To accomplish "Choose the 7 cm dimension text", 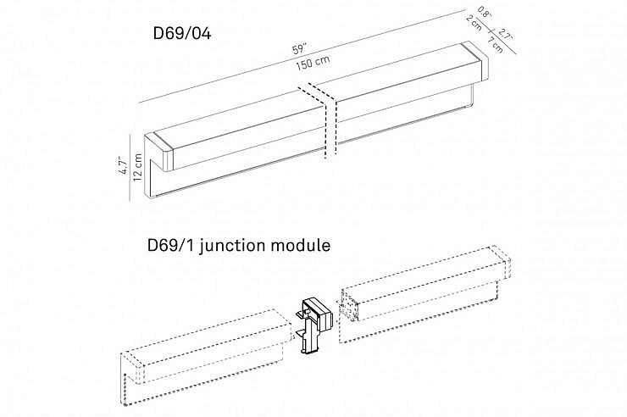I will [x=497, y=44].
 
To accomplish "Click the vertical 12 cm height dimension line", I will [x=130, y=166].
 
